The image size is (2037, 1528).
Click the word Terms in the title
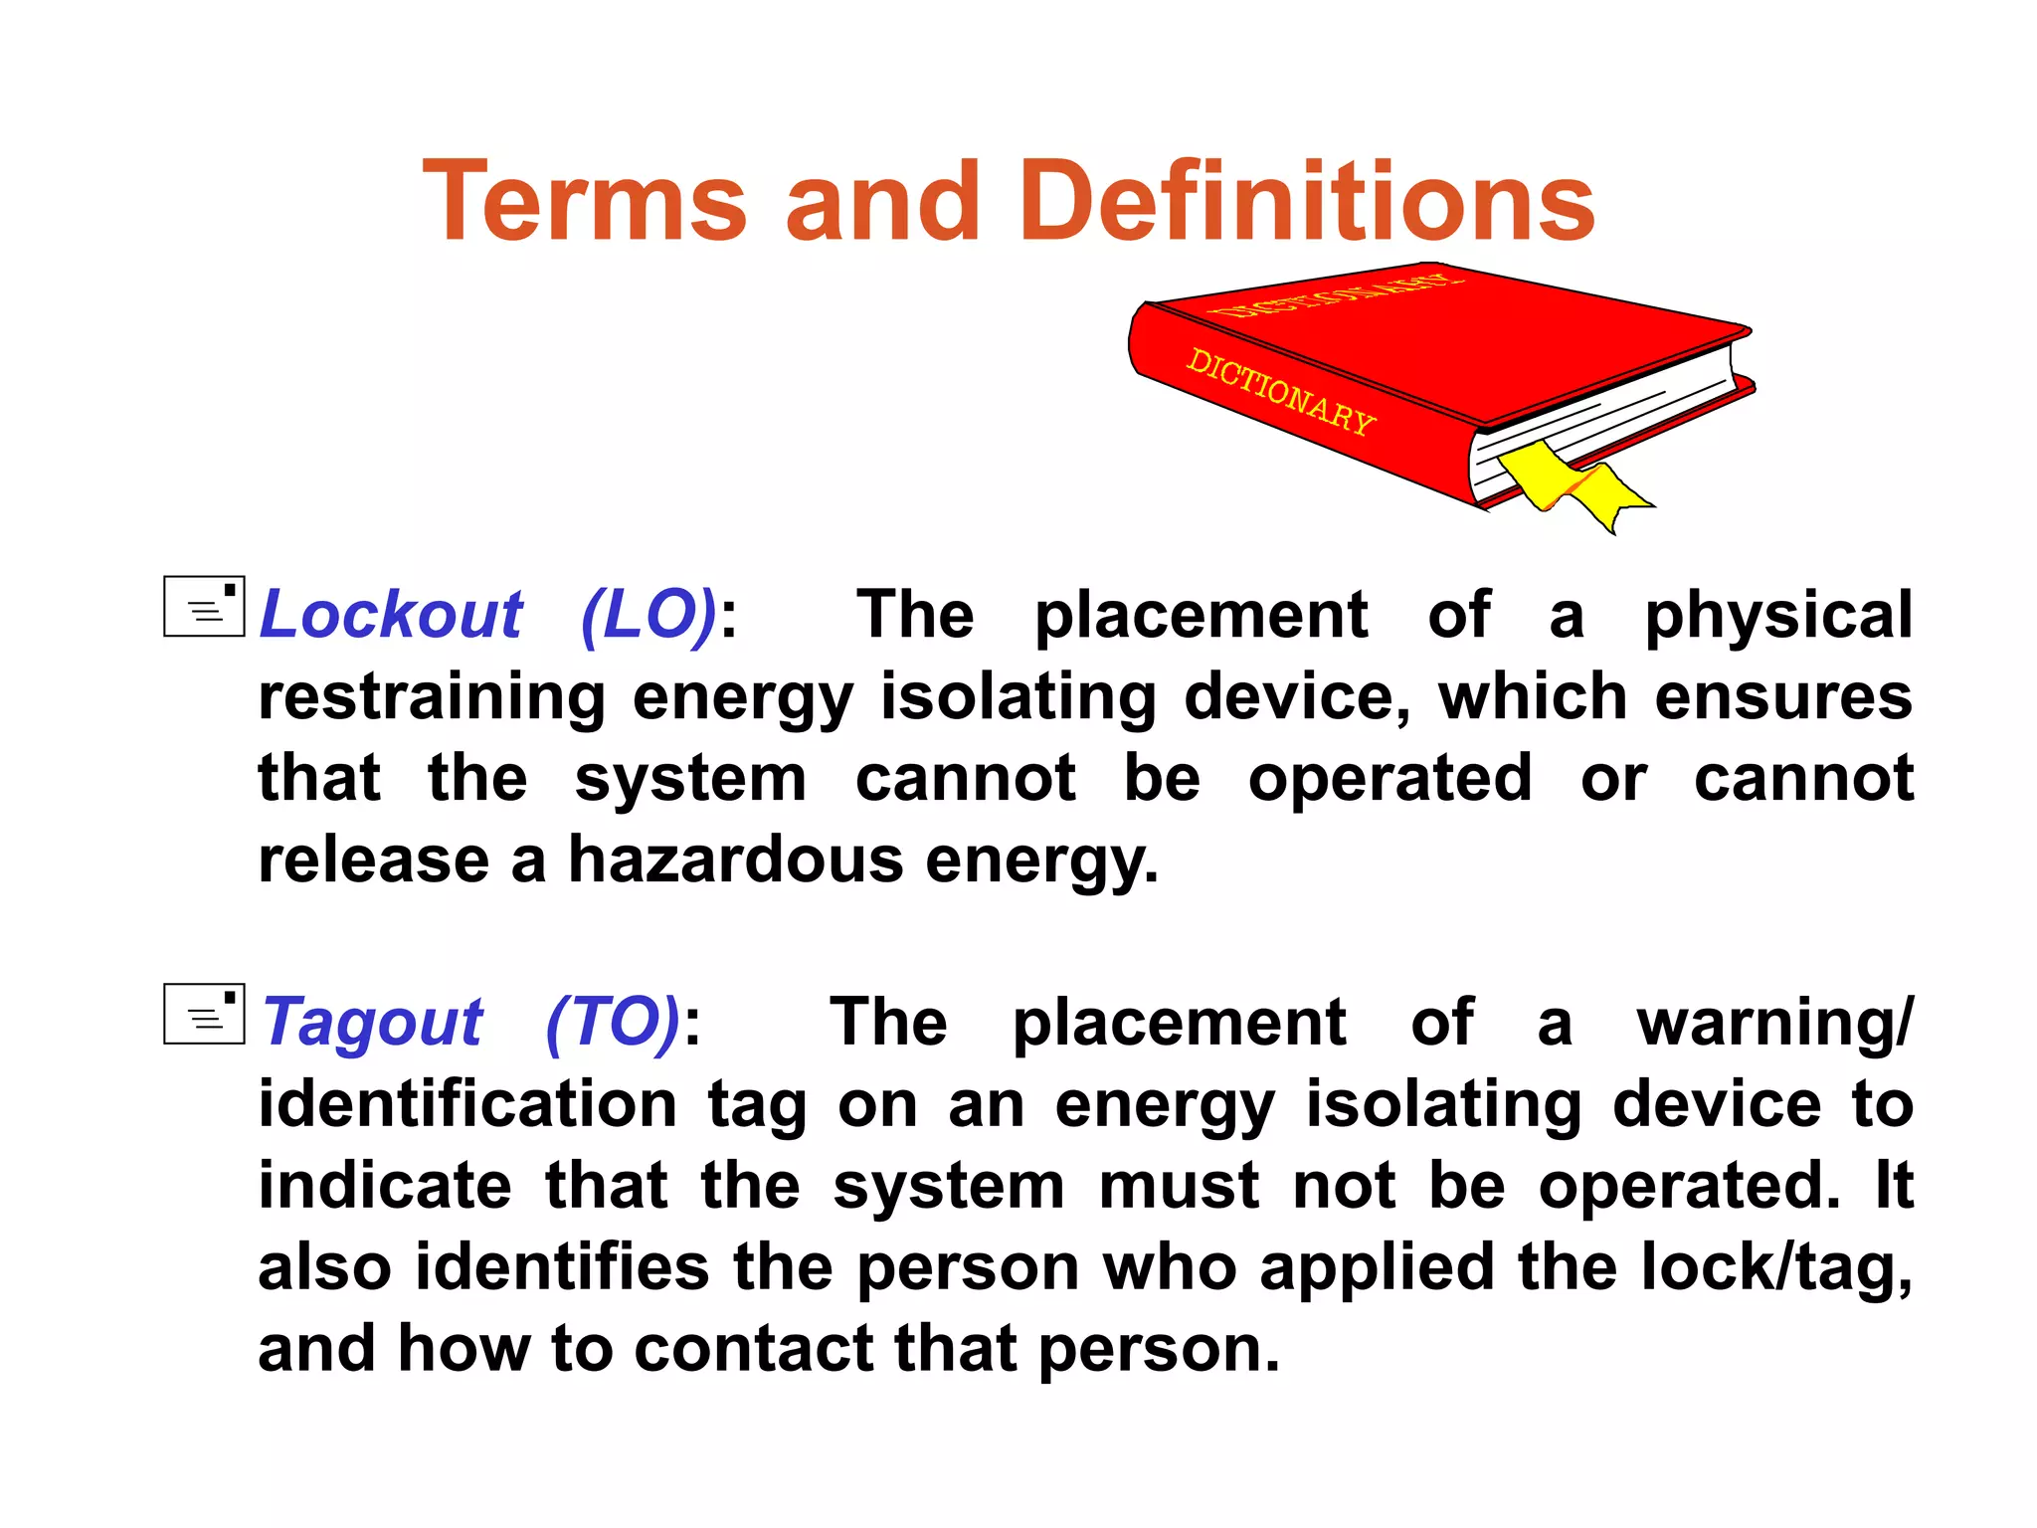pos(584,202)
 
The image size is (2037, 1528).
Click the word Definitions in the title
pos(1306,202)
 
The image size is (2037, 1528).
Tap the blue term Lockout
pos(390,615)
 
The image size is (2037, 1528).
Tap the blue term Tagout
pos(373,1023)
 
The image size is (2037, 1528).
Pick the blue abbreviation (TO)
pos(613,1023)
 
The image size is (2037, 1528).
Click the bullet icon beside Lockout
pos(204,606)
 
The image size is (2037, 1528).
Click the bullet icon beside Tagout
pos(204,1014)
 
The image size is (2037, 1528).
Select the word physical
pos(1777,615)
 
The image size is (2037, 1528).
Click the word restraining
pos(432,696)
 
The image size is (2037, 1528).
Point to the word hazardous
pos(735,859)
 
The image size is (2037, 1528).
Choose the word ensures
pos(1783,696)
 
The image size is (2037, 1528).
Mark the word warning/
pos(1774,1023)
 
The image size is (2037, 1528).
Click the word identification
pos(467,1104)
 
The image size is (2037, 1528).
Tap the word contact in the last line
pos(753,1349)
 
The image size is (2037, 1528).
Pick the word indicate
pos(385,1186)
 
